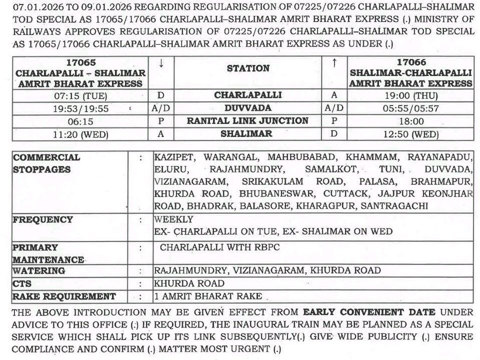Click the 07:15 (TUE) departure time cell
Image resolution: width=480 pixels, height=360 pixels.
pyautogui.click(x=80, y=95)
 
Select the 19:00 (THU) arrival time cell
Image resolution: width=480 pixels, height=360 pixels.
pyautogui.click(x=411, y=95)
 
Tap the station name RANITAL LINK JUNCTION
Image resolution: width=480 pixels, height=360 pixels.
pyautogui.click(x=247, y=121)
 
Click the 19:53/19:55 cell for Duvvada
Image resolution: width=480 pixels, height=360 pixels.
pyautogui.click(x=80, y=108)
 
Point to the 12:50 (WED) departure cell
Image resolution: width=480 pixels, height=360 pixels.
pyautogui.click(x=411, y=134)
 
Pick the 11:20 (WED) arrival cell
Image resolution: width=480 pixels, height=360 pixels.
pyautogui.click(x=80, y=134)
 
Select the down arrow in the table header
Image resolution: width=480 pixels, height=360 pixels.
pyautogui.click(x=161, y=63)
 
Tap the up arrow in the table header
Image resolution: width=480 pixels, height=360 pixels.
pyautogui.click(x=334, y=63)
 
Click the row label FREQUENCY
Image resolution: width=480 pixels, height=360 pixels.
pyautogui.click(x=43, y=219)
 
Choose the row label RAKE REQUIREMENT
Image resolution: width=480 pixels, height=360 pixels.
pyautogui.click(x=64, y=296)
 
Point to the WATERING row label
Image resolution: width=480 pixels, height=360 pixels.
pyautogui.click(x=39, y=270)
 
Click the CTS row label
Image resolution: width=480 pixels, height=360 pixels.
pyautogui.click(x=22, y=283)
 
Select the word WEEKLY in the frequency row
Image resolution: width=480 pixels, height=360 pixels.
pyautogui.click(x=173, y=219)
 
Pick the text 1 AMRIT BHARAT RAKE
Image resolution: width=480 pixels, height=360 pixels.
pyautogui.click(x=208, y=296)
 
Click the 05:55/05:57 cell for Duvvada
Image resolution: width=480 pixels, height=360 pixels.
pyautogui.click(x=411, y=108)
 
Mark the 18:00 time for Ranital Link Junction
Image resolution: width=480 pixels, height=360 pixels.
pyautogui.click(x=411, y=121)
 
